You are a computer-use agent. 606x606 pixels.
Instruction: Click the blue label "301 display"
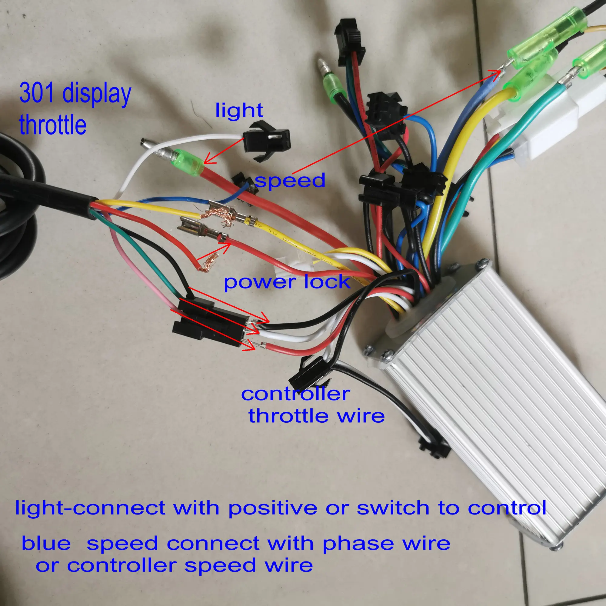pos(75,93)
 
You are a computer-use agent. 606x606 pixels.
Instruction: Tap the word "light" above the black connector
pos(239,110)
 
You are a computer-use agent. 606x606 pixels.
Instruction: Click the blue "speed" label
pos(290,181)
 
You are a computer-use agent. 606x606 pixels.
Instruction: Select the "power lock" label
pos(287,282)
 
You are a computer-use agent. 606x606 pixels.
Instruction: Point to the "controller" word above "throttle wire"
pos(295,394)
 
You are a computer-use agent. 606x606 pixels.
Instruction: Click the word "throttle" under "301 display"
pos(53,125)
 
